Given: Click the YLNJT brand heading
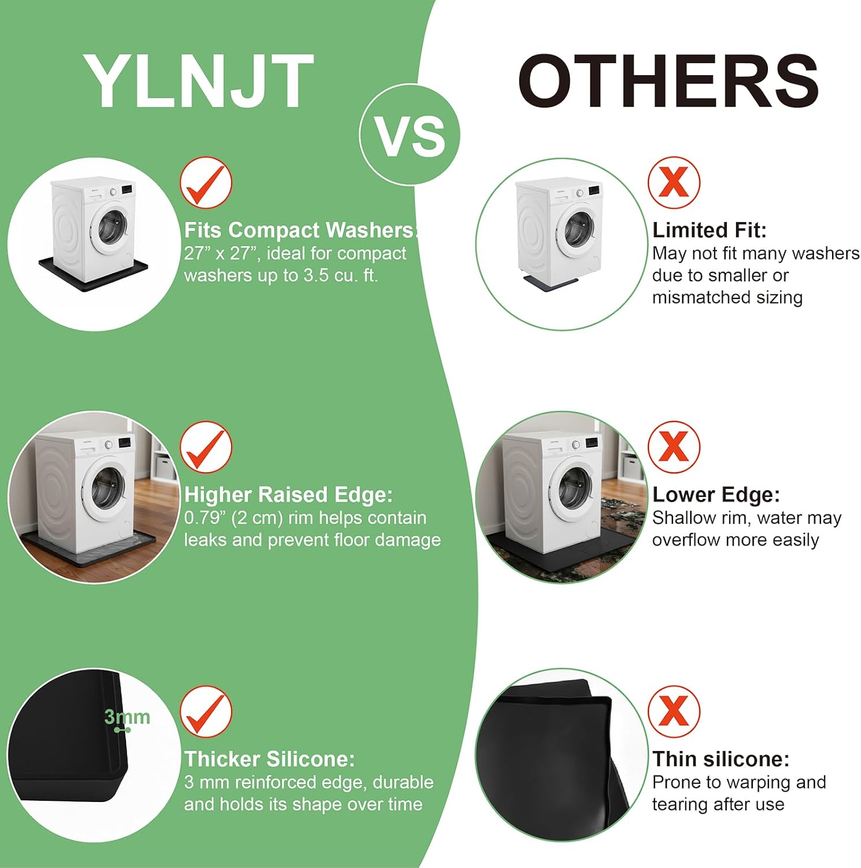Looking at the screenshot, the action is [x=198, y=81].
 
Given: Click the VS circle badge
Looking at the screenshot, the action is [x=410, y=135].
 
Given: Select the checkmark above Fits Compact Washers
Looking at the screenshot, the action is [x=206, y=183].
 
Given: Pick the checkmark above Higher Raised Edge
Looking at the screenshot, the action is [x=206, y=447].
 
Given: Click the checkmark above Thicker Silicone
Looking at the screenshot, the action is [x=206, y=712].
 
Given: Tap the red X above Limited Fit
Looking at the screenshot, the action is [x=674, y=183].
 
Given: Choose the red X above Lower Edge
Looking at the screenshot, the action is [x=674, y=447].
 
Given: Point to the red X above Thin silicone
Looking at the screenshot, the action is [x=674, y=712].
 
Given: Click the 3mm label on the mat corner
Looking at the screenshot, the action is [x=127, y=717].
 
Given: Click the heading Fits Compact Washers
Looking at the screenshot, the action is [x=300, y=230].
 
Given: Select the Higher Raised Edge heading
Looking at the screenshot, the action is [x=288, y=495].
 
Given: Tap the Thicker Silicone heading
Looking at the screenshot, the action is [x=269, y=759].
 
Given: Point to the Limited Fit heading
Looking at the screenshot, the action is [x=710, y=230].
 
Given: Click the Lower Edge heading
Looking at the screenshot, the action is [x=716, y=495].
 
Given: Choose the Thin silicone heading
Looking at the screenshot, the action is [x=720, y=759].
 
